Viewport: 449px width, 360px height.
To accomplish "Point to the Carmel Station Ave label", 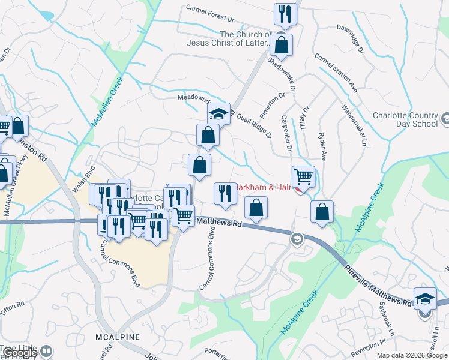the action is pos(336,75).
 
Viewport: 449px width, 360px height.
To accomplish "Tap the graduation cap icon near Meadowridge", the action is pos(219,113).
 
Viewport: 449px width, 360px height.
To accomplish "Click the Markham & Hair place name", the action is pos(264,187).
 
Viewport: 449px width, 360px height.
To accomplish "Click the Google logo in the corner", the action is pos(20,353).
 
